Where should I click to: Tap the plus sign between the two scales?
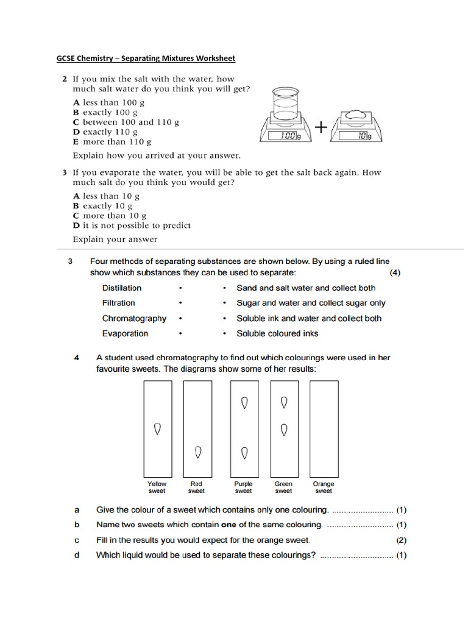(320, 127)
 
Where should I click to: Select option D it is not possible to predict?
(131, 225)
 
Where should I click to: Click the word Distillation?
(122, 288)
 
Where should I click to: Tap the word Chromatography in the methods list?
(134, 318)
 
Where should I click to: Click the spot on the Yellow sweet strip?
(157, 428)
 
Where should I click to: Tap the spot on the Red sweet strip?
(197, 452)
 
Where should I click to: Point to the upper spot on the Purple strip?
(244, 403)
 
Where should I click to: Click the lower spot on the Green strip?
(284, 430)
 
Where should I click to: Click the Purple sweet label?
(243, 487)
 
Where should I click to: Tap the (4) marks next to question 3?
(395, 273)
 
